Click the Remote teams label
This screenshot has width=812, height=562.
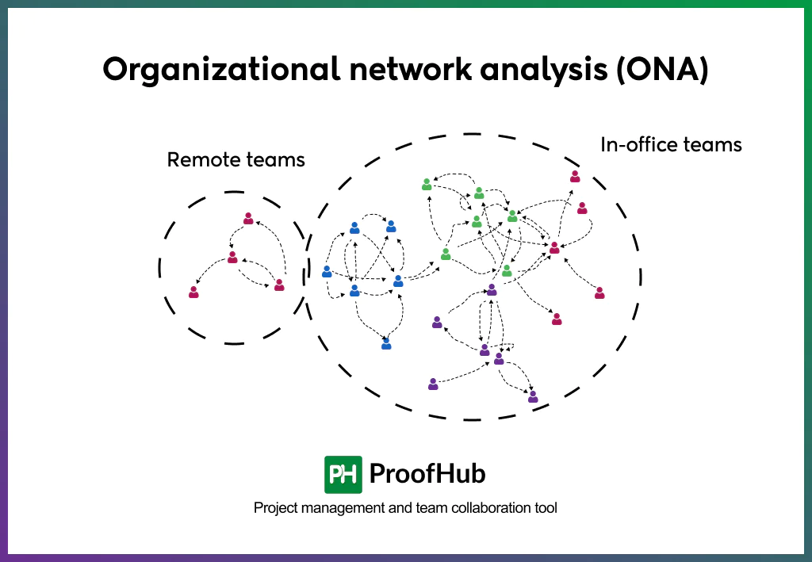236,160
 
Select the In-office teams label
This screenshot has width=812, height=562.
671,145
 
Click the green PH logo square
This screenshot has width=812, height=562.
343,475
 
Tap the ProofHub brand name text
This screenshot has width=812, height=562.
427,474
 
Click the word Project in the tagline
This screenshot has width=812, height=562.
274,508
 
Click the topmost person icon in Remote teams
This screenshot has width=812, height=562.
248,218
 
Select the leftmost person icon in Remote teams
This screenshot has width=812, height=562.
193,292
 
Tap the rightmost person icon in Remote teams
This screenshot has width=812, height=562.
279,285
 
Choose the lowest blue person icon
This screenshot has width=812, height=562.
386,344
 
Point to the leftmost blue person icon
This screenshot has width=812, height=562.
327,272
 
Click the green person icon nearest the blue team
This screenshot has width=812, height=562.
446,254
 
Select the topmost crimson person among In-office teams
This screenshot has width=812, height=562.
575,177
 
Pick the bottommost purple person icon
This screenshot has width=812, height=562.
533,396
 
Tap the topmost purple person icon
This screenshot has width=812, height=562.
492,290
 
